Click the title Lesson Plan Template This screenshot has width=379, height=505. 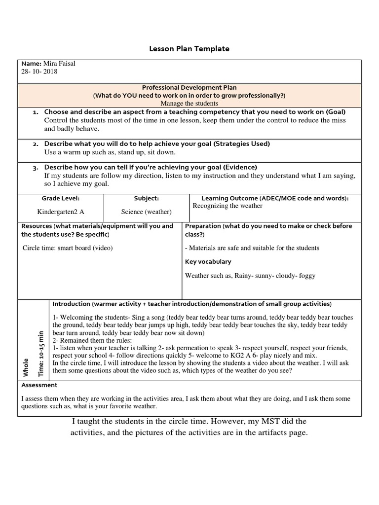189,49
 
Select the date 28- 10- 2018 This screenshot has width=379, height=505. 39,72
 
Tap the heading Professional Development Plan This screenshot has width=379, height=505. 189,87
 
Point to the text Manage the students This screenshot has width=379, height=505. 189,103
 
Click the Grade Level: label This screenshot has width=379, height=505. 60,198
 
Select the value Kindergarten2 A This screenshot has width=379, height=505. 60,212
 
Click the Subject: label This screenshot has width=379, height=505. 146,198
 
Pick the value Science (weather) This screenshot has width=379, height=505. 146,212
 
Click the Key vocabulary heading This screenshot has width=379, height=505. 208,262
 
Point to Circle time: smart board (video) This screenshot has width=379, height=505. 68,248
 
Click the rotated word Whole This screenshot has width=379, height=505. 26,367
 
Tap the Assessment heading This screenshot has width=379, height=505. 39,385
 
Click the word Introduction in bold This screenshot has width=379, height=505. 72,304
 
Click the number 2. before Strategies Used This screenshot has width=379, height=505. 36,144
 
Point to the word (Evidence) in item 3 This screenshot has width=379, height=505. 240,167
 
